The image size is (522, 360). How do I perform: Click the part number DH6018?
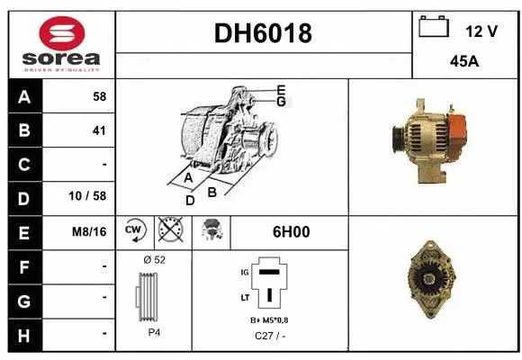tap(264, 33)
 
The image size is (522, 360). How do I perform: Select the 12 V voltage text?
tap(481, 31)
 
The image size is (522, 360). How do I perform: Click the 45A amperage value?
tap(464, 64)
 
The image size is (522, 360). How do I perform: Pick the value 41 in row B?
tap(99, 130)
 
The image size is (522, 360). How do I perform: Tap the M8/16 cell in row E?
tap(89, 231)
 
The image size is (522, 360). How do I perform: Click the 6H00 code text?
tap(290, 231)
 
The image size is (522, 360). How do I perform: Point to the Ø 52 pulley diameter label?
tap(155, 260)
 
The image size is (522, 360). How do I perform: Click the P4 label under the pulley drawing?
tap(156, 331)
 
